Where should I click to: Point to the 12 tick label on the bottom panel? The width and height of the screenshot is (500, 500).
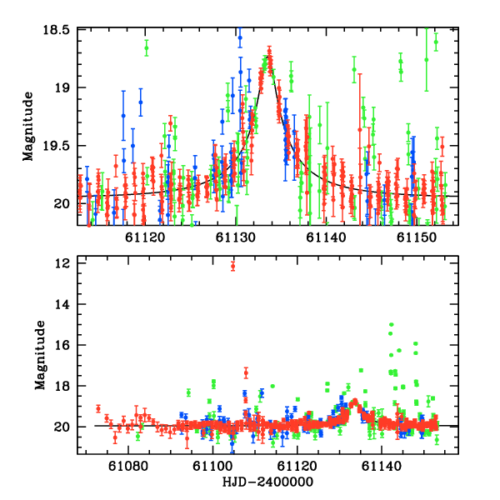coord(61,263)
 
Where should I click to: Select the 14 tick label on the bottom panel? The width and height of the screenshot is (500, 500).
coord(61,304)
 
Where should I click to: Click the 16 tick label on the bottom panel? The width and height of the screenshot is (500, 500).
coord(61,345)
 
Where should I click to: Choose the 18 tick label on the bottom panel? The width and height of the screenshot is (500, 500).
coord(61,386)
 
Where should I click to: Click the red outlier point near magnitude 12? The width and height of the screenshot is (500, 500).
coord(232,266)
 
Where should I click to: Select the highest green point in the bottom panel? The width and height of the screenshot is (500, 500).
coord(391,324)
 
